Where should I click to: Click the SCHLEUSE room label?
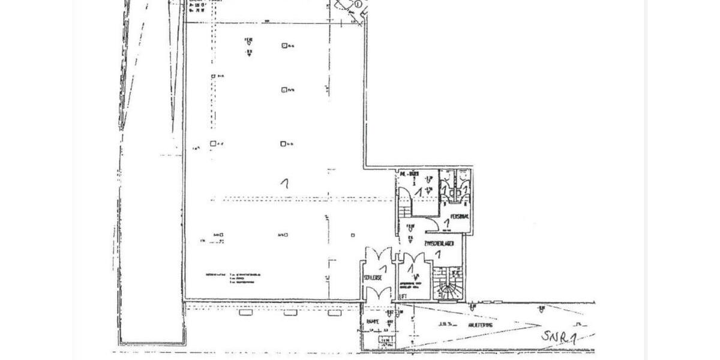(373, 278)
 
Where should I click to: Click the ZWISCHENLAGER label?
(442, 244)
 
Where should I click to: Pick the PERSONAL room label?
(460, 216)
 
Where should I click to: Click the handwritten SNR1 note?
(559, 337)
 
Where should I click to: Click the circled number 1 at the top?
(358, 4)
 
